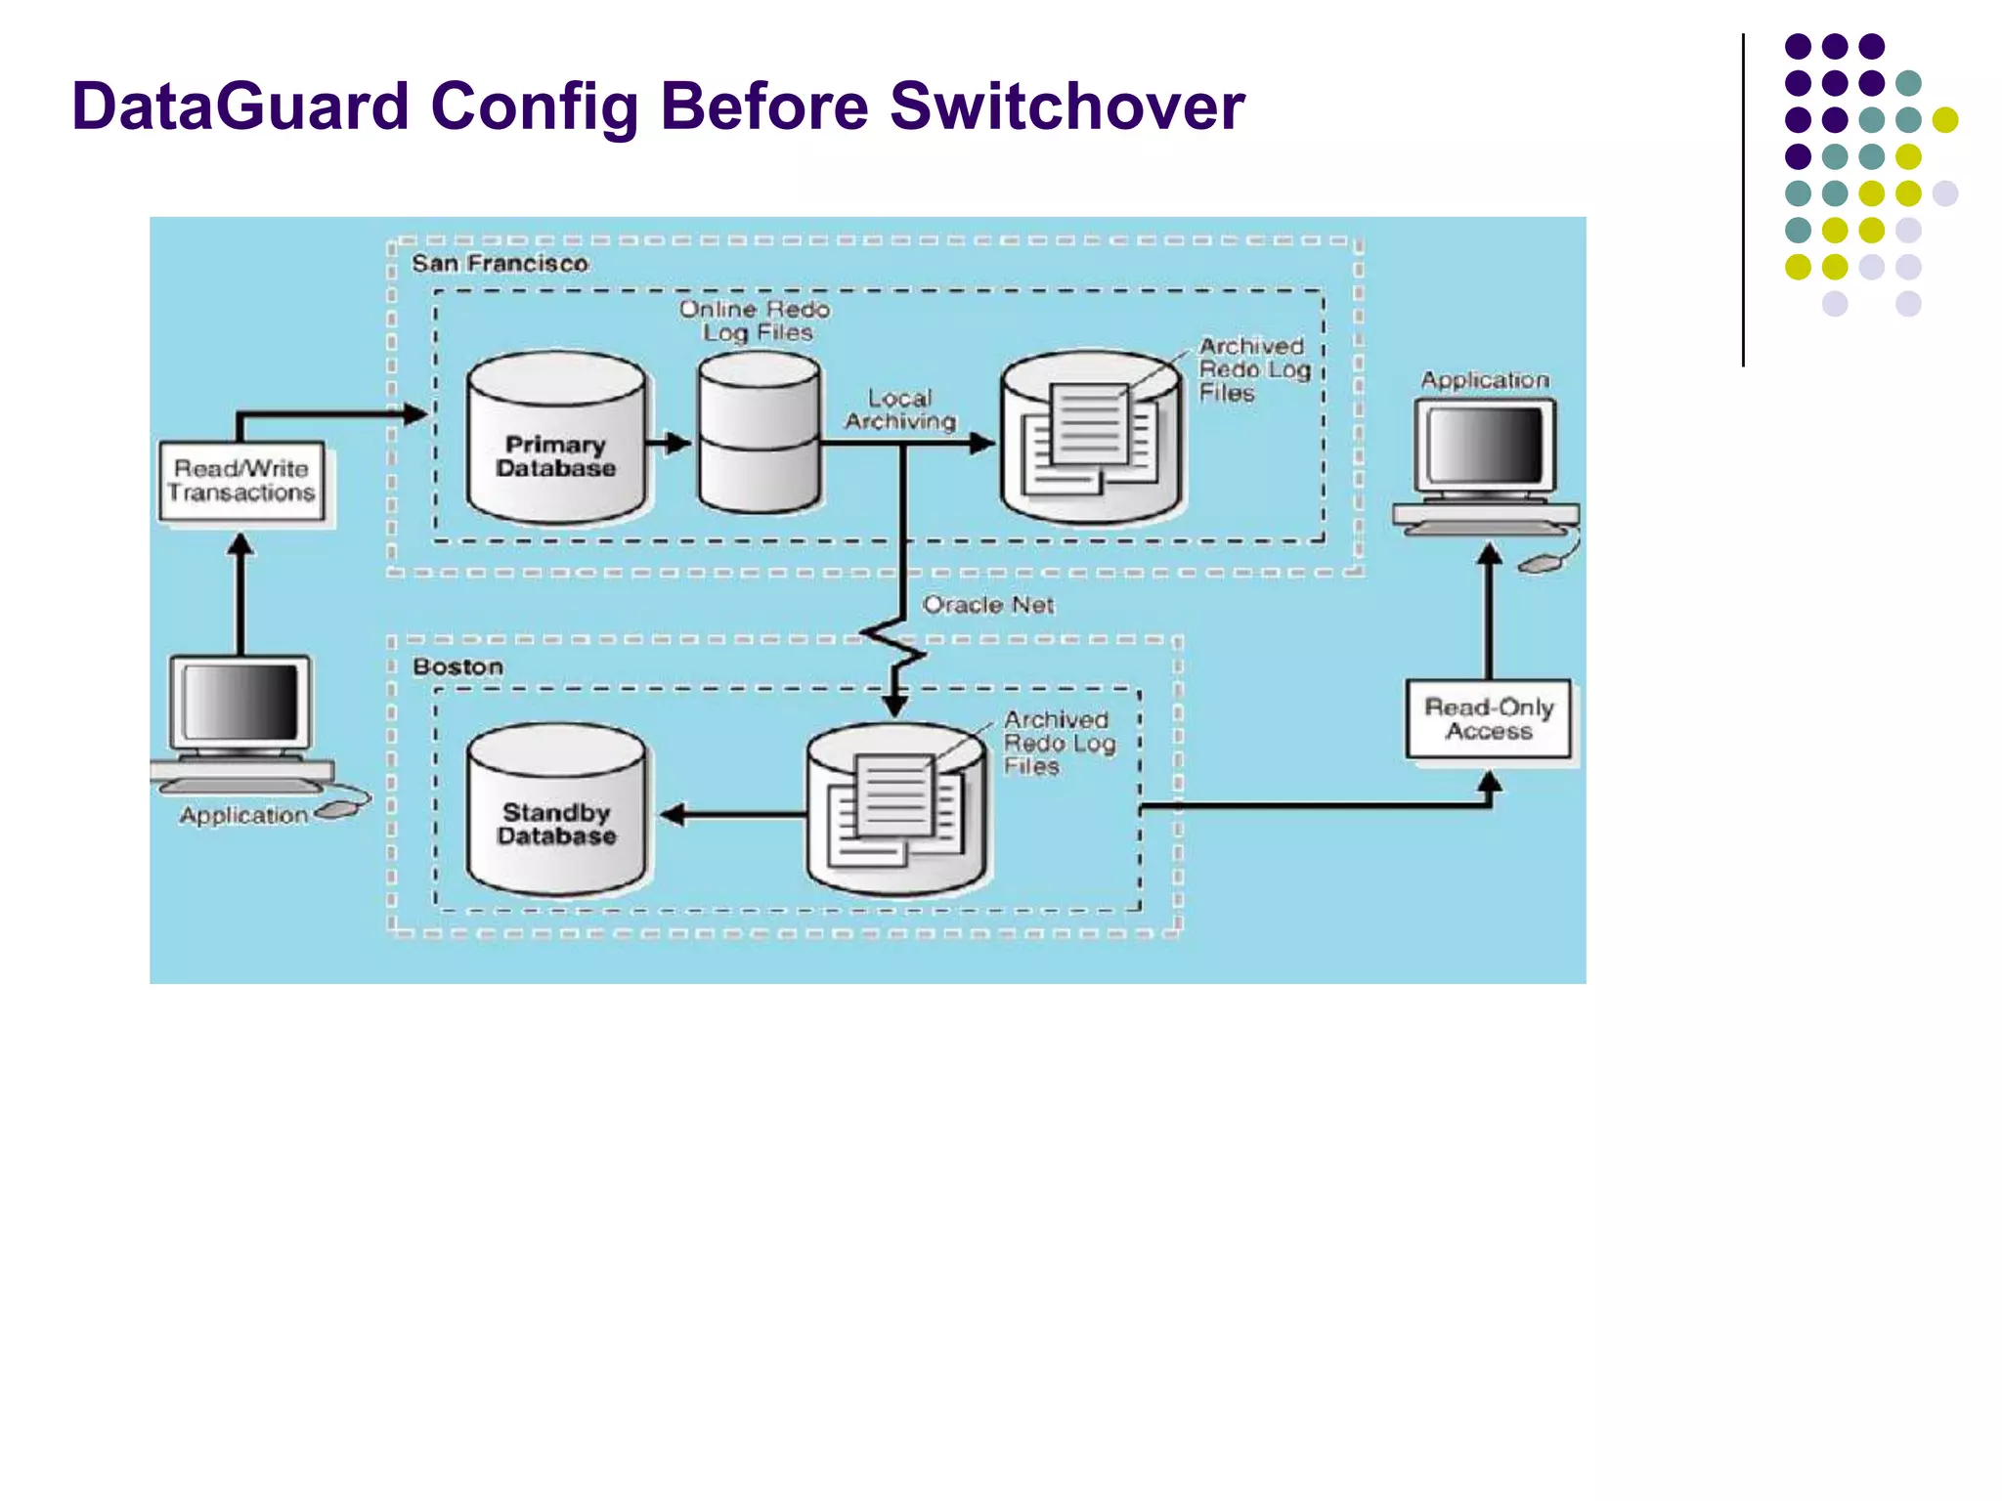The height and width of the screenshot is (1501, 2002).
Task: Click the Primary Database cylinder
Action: pos(555,440)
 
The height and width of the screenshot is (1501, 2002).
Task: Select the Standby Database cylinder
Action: pos(555,811)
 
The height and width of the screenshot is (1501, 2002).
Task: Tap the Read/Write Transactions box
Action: pos(241,482)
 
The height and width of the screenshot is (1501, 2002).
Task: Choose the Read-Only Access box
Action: pos(1488,719)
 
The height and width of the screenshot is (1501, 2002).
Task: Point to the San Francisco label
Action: pos(500,264)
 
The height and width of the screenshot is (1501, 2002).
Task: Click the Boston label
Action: pos(457,666)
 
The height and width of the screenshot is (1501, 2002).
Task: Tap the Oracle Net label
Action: pos(987,605)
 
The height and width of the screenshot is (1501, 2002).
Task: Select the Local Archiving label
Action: pos(899,410)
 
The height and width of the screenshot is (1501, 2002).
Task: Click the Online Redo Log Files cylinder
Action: pos(760,435)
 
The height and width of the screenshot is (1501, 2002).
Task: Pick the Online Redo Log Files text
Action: pos(755,321)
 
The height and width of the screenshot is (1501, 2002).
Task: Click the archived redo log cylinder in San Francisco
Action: pos(1090,440)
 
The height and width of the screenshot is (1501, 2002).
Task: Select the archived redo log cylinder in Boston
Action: pos(896,811)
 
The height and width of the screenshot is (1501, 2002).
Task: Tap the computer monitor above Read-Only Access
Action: pos(1485,447)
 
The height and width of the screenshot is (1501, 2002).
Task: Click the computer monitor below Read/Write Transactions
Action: pos(240,704)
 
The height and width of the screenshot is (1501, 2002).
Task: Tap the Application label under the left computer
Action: pos(243,815)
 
